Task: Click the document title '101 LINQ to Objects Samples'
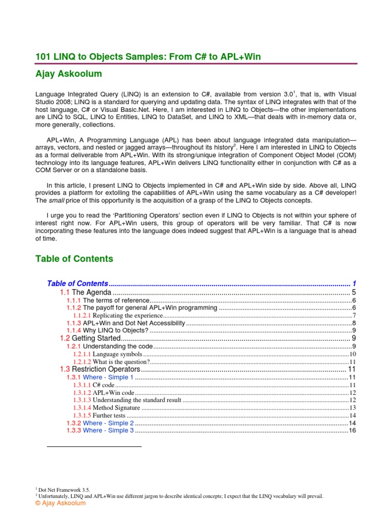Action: (x=148, y=57)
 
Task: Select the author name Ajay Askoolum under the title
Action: (x=68, y=74)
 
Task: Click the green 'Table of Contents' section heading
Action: (x=74, y=259)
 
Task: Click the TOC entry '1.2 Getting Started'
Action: (x=95, y=338)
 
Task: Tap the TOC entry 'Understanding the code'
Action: (x=117, y=346)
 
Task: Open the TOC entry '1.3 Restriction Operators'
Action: (x=106, y=369)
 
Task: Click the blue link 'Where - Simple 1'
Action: (x=108, y=377)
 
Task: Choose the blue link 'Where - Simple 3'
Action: (x=108, y=431)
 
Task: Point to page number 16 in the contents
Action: (x=352, y=431)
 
